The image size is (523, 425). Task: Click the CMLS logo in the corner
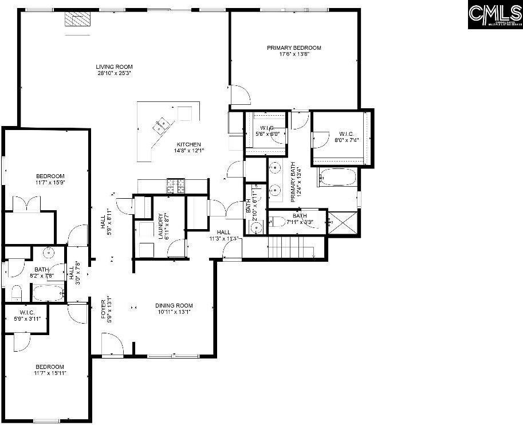click(496, 15)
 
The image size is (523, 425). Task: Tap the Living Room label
click(115, 70)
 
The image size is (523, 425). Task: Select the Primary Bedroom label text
click(294, 51)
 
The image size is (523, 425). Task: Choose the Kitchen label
click(188, 147)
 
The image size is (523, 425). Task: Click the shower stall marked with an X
click(342, 222)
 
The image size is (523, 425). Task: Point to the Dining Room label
click(174, 309)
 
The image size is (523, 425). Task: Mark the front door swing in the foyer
click(112, 344)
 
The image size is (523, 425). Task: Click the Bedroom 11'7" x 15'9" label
click(50, 179)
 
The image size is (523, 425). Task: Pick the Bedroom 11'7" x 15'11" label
click(50, 369)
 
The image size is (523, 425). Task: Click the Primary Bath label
click(296, 182)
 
